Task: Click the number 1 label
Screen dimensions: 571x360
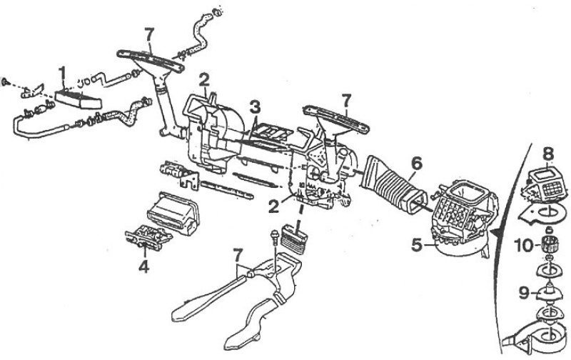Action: [62, 74]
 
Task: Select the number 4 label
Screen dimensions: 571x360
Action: [144, 267]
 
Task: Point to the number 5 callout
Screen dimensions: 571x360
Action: [418, 245]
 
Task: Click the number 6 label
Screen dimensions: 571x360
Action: [416, 164]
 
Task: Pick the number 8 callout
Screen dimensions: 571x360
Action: [548, 154]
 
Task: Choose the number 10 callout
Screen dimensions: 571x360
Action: [525, 245]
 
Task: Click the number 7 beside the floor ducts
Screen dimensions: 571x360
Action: [238, 255]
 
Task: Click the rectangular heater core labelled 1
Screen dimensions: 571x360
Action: [79, 98]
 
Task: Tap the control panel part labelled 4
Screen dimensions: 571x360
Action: [148, 239]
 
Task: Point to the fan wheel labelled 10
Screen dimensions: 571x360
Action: [548, 244]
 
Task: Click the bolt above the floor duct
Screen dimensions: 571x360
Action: [274, 238]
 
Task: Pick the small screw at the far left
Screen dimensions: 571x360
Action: [6, 81]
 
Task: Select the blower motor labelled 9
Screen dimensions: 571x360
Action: [548, 292]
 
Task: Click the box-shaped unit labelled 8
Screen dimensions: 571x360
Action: [545, 185]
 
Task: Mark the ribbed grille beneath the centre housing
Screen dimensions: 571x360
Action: [294, 239]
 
